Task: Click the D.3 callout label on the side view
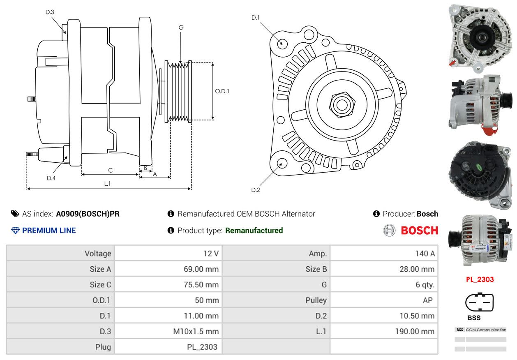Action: [x=50, y=12]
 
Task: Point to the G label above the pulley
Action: [x=181, y=28]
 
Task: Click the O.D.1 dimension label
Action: [x=222, y=91]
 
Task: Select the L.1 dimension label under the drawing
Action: [x=107, y=184]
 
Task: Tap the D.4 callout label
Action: [x=51, y=178]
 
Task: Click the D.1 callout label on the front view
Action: [x=255, y=18]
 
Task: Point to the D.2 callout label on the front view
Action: [x=256, y=190]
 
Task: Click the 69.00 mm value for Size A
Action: [x=201, y=269]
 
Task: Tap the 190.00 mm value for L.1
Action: [x=415, y=331]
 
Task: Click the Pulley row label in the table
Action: [x=316, y=300]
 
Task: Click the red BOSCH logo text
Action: [x=419, y=230]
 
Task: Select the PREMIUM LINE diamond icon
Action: [x=16, y=230]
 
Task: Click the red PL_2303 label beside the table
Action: [x=480, y=279]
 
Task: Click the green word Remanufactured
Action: [x=254, y=230]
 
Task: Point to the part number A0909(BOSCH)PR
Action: [x=88, y=214]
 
